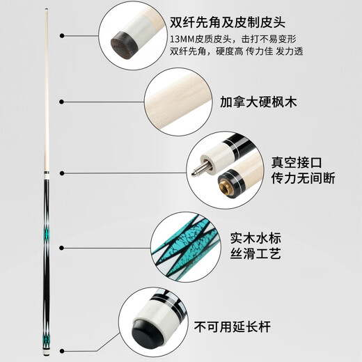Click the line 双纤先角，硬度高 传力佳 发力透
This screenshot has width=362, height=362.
coord(245,52)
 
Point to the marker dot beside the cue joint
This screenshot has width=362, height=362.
coord(61,173)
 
